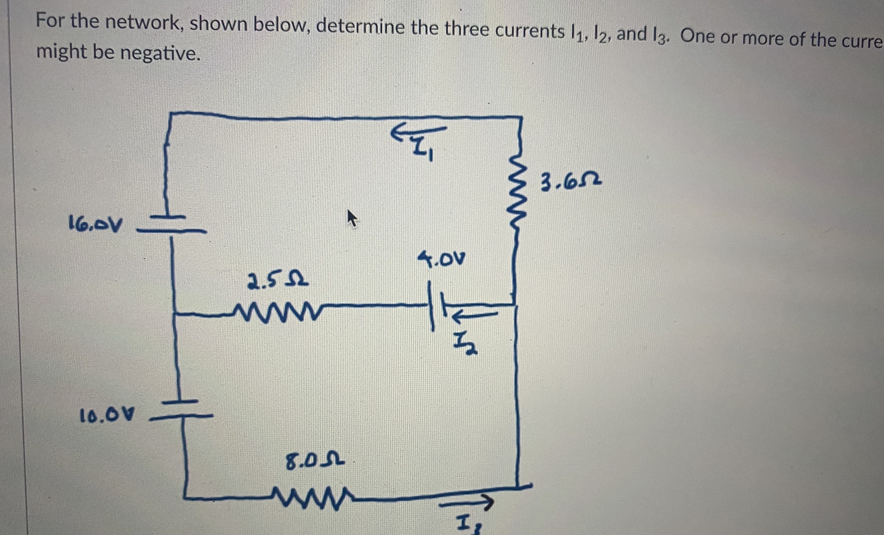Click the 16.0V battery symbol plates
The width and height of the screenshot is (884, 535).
(171, 224)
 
